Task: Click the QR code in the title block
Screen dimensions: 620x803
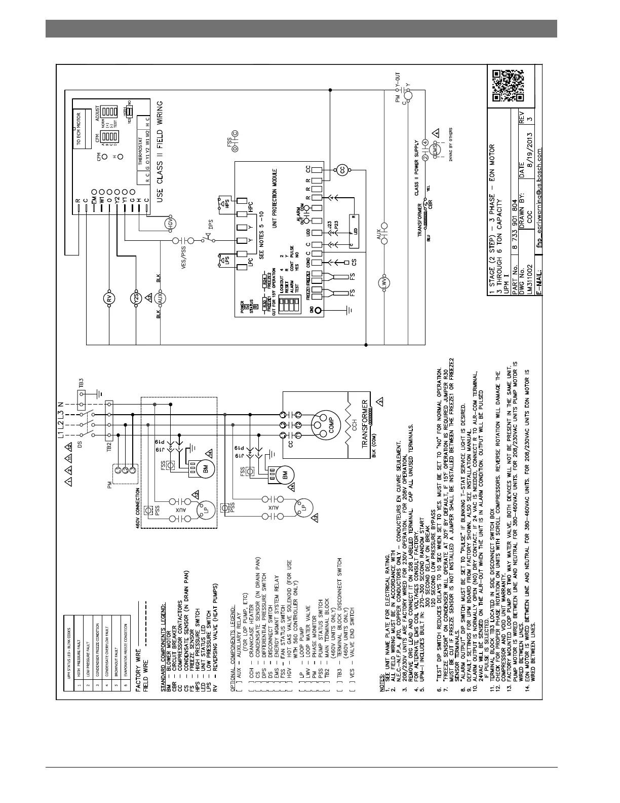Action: [508, 86]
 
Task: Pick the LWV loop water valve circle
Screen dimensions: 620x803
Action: [383, 282]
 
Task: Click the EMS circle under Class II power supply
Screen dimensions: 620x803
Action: [435, 151]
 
